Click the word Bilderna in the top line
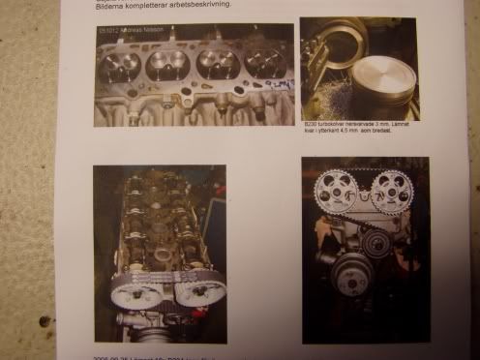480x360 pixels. click(x=109, y=6)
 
